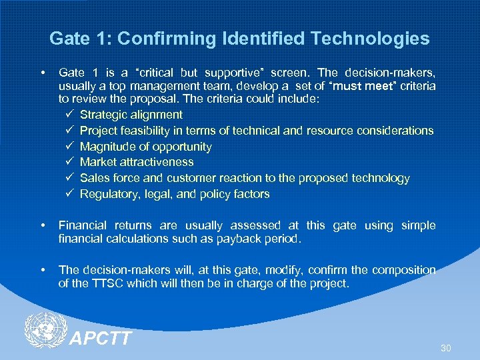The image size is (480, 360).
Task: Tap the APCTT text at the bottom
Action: (x=101, y=339)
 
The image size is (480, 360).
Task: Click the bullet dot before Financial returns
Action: (x=43, y=225)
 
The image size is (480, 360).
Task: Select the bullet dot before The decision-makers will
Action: (x=43, y=270)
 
